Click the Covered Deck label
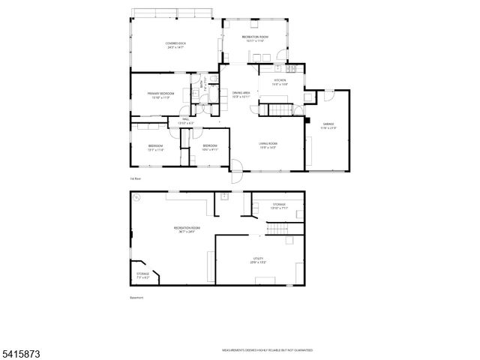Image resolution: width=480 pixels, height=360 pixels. [177, 45]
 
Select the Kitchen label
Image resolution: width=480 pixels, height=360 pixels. [280, 82]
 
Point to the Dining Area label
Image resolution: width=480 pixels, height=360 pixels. [241, 94]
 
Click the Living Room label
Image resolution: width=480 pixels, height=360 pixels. [268, 145]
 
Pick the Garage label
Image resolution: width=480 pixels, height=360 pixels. [328, 125]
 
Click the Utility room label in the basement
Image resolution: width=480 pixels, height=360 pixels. [259, 260]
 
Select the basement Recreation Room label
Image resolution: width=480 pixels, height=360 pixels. [187, 229]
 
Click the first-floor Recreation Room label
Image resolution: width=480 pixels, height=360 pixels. [255, 38]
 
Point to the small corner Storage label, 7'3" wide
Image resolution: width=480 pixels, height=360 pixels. [142, 275]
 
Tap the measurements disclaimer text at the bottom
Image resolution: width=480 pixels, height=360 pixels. [266, 350]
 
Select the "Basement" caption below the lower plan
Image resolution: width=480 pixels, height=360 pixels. [136, 298]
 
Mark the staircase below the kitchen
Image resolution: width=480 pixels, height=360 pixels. [279, 110]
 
